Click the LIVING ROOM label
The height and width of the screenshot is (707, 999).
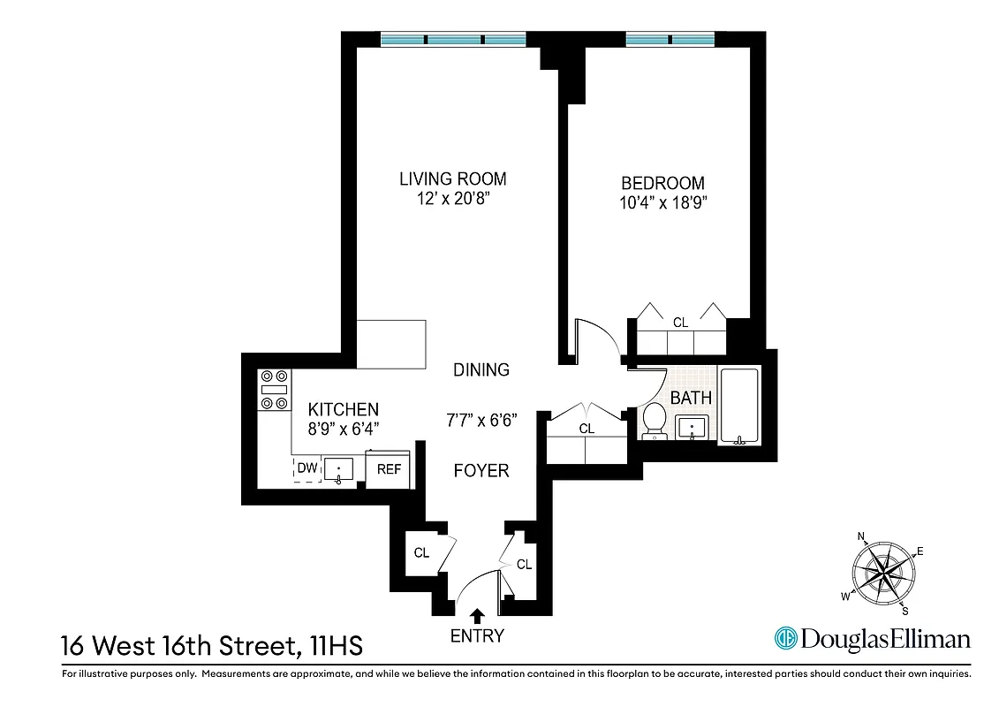coord(452,179)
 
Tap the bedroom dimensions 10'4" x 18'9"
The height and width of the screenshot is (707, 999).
coord(662,202)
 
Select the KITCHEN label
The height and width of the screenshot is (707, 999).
coord(343,409)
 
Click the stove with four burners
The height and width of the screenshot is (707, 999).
coord(274,390)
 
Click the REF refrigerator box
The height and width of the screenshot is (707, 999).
coord(389,469)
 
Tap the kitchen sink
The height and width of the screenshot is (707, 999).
coord(338,468)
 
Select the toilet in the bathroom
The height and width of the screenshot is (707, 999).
coord(655,421)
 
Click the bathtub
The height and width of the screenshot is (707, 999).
coord(740,406)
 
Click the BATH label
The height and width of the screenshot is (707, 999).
coord(691,398)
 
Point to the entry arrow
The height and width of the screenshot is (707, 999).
coord(478,616)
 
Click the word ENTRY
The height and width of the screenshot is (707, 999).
coord(477,636)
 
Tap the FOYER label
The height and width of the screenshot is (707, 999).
coord(481,470)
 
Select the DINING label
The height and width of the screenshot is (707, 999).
coord(481,369)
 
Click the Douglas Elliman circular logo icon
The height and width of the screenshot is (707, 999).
coord(786,639)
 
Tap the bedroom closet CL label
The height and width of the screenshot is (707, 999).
coord(680,323)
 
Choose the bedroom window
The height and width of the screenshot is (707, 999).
coord(670,40)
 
